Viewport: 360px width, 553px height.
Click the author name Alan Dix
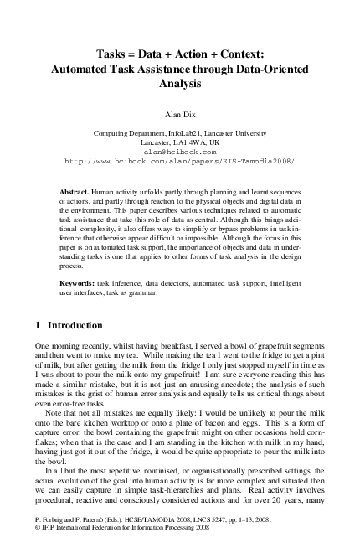click(179, 110)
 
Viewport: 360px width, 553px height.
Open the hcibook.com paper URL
click(179, 162)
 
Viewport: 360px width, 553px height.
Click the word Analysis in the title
click(180, 84)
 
